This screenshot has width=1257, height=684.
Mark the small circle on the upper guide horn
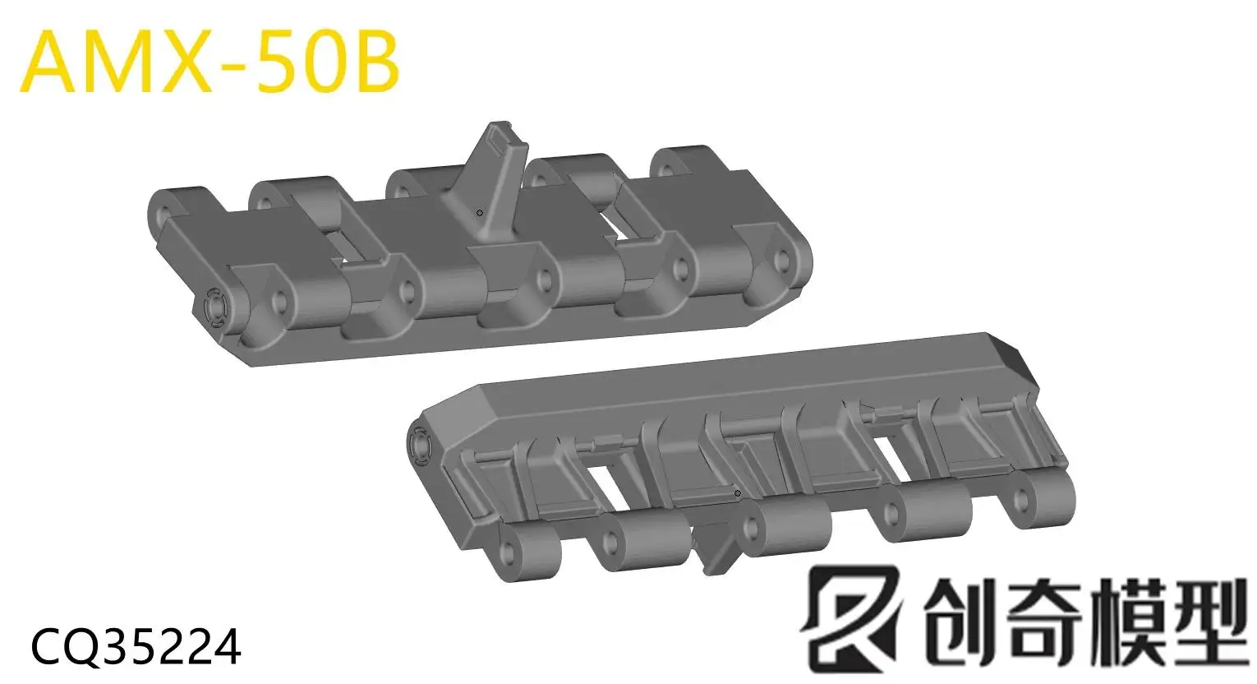pyautogui.click(x=480, y=213)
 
